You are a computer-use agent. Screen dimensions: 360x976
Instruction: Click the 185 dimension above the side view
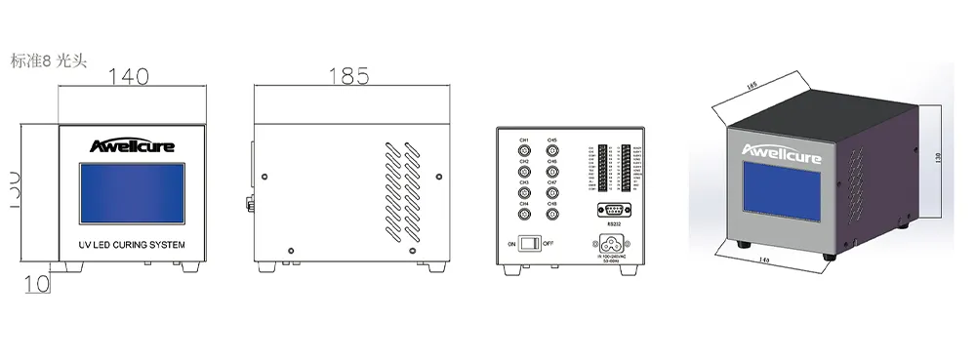349,75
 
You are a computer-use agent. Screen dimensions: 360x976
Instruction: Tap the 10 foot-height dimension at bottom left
35,285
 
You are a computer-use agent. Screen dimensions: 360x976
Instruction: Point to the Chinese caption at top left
49,60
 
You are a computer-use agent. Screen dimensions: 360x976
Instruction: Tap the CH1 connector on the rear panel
523,152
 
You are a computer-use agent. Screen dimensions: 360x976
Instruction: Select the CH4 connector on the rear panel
523,215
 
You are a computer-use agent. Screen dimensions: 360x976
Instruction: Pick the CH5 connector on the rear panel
551,152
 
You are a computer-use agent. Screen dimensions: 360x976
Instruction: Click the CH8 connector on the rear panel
551,215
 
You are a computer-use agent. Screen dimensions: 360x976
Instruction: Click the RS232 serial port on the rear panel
613,209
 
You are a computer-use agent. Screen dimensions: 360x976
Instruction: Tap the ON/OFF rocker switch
529,243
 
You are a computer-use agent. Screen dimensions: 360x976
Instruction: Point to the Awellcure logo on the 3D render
783,153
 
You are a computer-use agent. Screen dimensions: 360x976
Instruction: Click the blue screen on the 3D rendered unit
784,195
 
